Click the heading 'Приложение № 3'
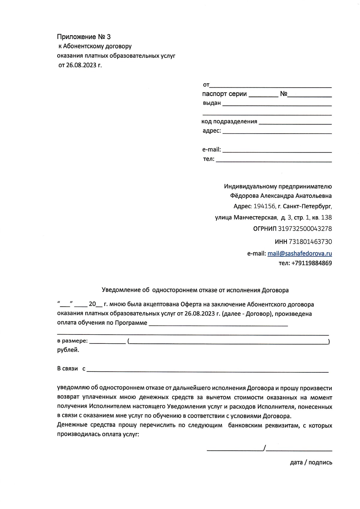point(84,37)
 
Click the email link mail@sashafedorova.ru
point(299,253)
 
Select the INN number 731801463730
point(310,242)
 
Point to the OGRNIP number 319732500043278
point(305,229)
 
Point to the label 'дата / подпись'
point(311,462)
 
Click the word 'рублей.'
point(68,350)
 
